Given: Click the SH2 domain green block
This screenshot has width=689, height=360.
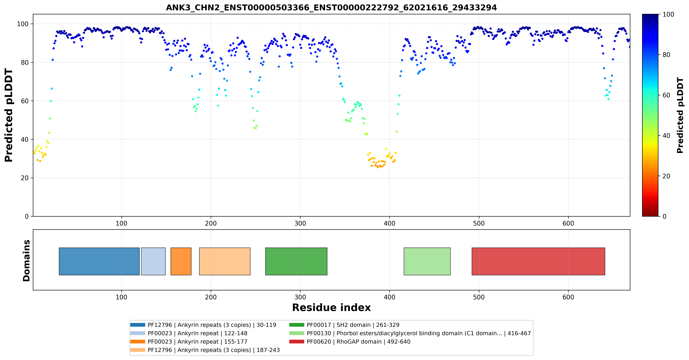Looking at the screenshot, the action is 296,261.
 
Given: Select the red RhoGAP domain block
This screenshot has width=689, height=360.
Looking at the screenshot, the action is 538,261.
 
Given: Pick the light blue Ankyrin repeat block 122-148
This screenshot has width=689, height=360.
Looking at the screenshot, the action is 153,261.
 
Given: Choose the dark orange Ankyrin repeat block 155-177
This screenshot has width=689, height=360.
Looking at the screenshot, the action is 181,261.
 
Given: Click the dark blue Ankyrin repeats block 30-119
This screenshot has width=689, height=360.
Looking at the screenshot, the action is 99,261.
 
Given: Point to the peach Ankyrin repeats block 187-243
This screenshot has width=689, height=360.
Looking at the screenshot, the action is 225,261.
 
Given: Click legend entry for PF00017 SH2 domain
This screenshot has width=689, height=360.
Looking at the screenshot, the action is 344,325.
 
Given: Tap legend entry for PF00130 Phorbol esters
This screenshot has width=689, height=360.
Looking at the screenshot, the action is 410,333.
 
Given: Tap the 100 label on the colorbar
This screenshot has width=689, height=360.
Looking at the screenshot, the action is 668,14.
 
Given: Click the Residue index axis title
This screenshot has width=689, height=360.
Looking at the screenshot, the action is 331,308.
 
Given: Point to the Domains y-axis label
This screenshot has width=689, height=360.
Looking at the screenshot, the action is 26,261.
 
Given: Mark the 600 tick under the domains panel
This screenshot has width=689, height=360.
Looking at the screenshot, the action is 568,297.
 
